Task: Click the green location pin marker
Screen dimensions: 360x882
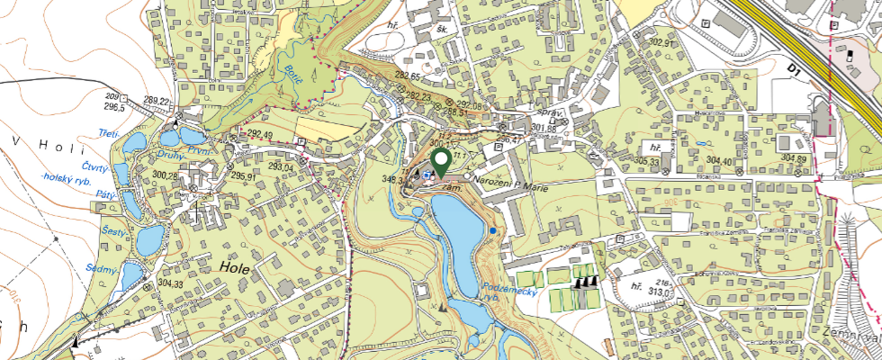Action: coord(441,163)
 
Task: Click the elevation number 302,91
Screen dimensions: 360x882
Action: coord(661,42)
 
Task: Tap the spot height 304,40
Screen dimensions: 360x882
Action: coord(724,161)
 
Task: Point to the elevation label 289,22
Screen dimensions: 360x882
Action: coord(157,100)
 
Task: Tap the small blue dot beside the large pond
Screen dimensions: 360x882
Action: coord(493,232)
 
